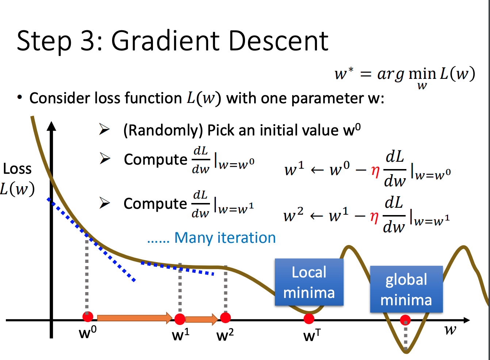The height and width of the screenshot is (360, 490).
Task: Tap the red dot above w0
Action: (x=88, y=317)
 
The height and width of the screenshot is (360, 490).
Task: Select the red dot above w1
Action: (x=180, y=319)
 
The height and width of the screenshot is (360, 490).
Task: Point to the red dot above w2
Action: (x=226, y=318)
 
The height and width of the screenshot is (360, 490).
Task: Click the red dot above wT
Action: (x=309, y=318)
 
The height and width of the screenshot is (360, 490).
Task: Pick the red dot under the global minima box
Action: (x=405, y=320)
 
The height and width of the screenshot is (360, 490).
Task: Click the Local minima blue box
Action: (x=309, y=282)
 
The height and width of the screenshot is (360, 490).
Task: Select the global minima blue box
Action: (x=406, y=289)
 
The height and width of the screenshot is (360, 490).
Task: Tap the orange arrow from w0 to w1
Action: (x=135, y=318)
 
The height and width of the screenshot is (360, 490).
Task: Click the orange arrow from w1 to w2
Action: (x=202, y=319)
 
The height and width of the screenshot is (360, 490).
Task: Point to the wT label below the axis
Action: (x=312, y=335)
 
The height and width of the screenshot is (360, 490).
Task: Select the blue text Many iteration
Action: (x=225, y=238)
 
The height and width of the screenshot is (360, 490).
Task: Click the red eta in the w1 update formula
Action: (x=375, y=172)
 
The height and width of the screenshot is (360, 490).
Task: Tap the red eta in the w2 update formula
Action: (x=374, y=218)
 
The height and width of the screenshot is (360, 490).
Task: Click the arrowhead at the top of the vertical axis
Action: (x=51, y=126)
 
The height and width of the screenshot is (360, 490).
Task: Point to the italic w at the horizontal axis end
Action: (x=451, y=330)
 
